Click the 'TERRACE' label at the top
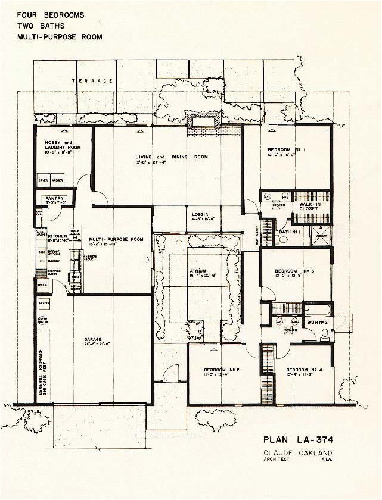[92, 81]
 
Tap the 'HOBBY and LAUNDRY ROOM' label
[58, 146]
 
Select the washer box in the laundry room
[57, 179]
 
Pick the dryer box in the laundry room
[44, 179]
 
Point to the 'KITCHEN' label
[58, 236]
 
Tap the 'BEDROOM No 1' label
[286, 149]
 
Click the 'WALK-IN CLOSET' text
[310, 206]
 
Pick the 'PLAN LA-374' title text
[294, 440]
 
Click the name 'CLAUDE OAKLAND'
[293, 452]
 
